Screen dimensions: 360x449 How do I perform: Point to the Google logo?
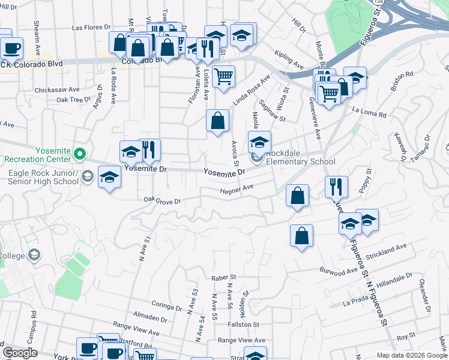(x=19, y=353)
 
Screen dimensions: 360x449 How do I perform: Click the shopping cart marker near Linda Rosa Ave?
(x=223, y=76)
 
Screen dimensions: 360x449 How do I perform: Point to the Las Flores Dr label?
(x=91, y=28)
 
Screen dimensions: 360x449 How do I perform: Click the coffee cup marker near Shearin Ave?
(x=11, y=47)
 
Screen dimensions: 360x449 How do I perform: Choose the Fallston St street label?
(x=243, y=324)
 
